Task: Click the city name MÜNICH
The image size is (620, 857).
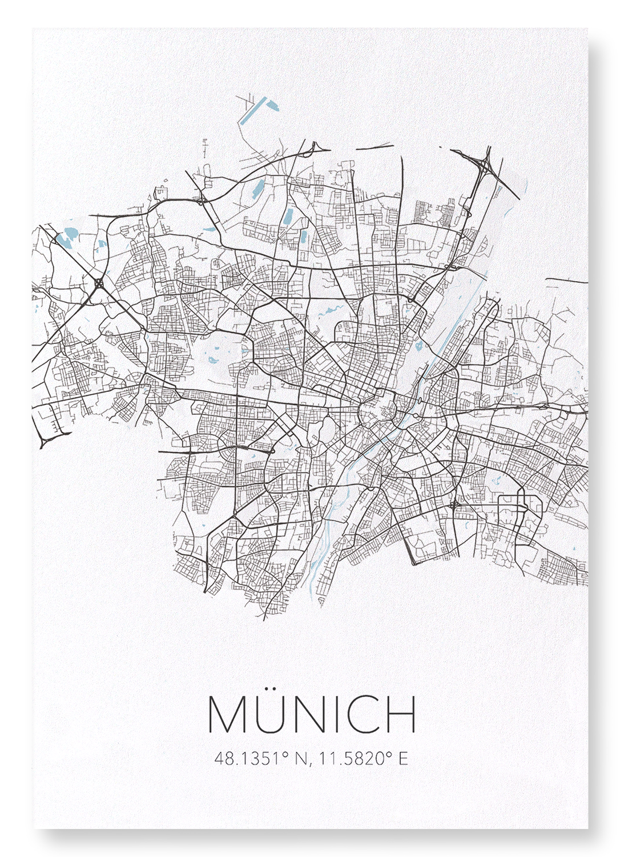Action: point(312,714)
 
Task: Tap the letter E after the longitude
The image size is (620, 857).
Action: point(404,759)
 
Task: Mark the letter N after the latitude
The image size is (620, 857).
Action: point(300,759)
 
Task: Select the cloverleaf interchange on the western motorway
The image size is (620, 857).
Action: point(99,282)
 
